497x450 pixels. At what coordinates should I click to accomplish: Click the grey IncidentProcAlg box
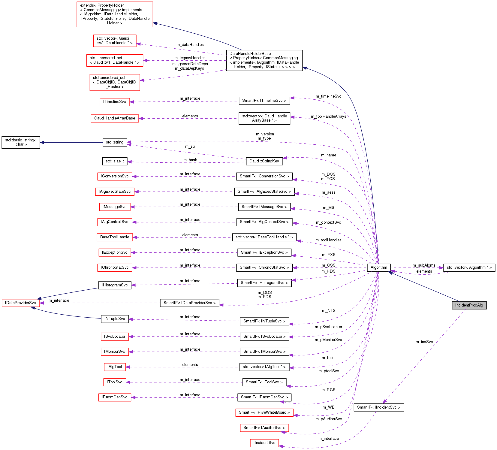(469, 305)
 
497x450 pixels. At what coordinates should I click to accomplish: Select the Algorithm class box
(379, 267)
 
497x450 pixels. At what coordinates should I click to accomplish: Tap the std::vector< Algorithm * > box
(469, 267)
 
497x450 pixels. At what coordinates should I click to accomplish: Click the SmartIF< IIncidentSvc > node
(379, 407)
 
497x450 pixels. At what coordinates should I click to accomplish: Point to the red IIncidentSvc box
(264, 443)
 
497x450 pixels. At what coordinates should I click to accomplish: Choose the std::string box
(115, 142)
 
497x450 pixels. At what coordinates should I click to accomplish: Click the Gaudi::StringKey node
(264, 161)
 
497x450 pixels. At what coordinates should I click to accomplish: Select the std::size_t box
(115, 161)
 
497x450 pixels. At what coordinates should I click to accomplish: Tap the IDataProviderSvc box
(20, 303)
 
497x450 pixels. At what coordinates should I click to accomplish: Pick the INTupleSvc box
(115, 319)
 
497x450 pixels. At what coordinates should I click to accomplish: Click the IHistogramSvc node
(115, 285)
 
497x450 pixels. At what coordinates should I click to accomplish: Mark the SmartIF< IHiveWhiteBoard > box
(264, 412)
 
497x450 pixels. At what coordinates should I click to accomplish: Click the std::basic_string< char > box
(21, 142)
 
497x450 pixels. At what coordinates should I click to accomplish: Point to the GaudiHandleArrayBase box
(115, 118)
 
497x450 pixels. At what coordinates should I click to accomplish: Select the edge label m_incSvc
(424, 342)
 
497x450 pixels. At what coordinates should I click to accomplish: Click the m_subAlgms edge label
(424, 265)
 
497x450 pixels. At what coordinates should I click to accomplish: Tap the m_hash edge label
(190, 160)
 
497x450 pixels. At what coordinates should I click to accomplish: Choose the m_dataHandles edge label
(190, 45)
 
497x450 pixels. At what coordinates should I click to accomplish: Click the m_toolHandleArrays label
(328, 116)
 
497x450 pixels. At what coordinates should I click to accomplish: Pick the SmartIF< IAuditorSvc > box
(264, 428)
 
